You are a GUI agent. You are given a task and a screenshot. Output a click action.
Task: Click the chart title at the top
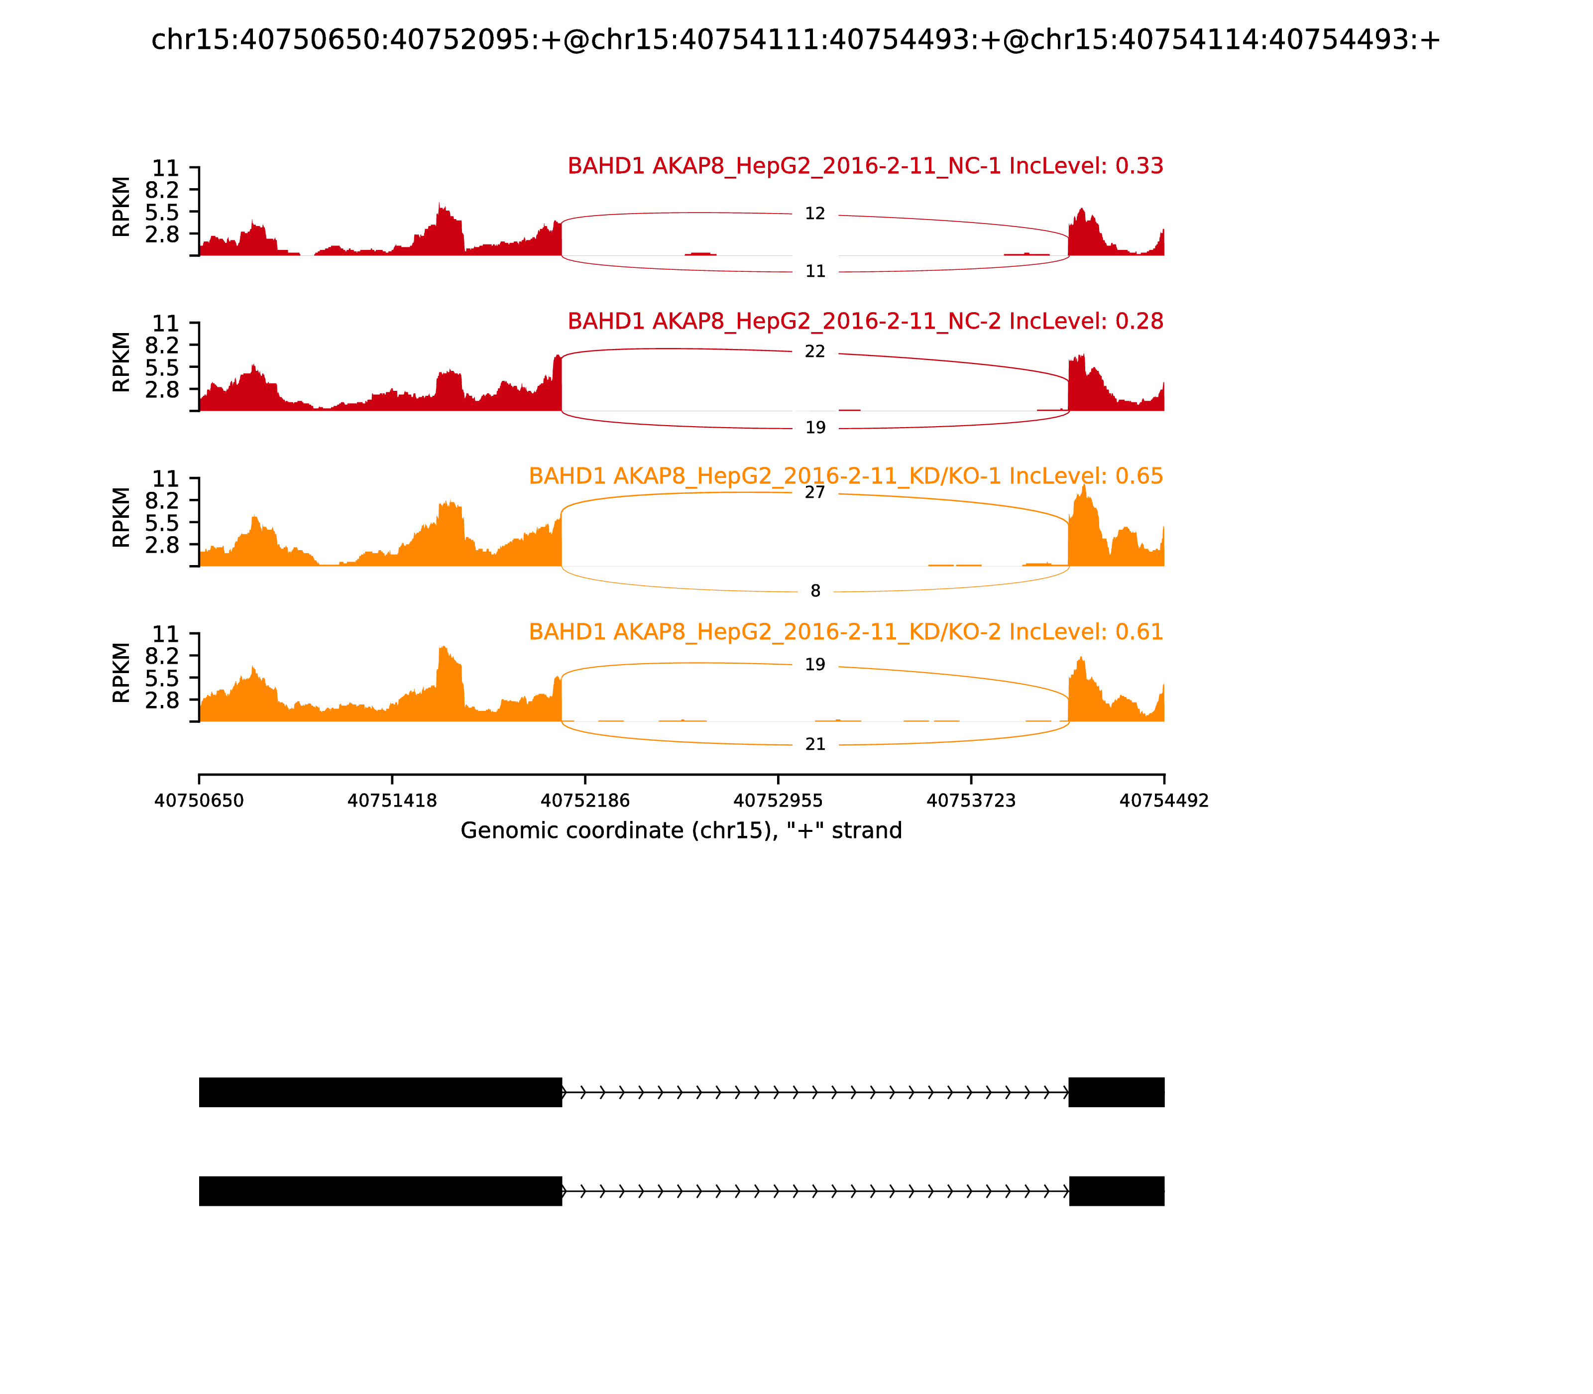coord(796,40)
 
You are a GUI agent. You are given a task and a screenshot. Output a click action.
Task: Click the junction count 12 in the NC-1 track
coord(814,214)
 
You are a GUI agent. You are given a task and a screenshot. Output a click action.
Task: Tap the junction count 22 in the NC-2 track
coord(814,351)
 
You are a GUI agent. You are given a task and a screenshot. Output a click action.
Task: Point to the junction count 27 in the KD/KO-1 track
coord(814,492)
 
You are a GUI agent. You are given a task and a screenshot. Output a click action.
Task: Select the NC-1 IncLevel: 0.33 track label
coord(865,166)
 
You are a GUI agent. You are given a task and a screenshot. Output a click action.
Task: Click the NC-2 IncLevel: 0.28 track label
coord(865,321)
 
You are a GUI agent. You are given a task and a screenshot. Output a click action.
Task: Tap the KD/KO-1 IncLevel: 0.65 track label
coord(845,476)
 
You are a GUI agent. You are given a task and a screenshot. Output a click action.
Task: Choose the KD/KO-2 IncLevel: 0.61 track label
coord(845,632)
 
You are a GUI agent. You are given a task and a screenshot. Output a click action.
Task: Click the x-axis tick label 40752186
coord(585,801)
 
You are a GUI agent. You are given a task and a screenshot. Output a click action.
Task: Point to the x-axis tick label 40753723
coord(971,801)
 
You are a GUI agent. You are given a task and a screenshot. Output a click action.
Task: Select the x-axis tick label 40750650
coord(199,801)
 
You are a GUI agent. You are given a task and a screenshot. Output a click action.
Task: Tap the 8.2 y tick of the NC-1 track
coord(162,190)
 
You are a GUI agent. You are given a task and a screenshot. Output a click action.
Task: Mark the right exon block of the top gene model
coord(1116,1092)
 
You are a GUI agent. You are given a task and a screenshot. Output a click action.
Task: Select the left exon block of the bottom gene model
coord(380,1191)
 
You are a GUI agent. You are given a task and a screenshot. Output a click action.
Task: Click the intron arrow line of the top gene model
coord(814,1092)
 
